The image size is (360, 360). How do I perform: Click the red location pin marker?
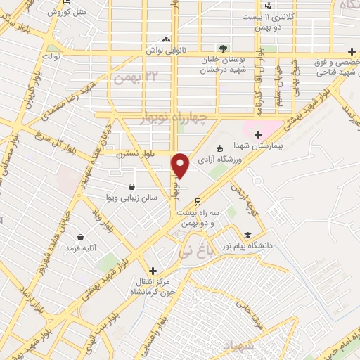(x=181, y=166)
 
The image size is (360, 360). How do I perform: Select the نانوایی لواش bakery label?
(x=166, y=51)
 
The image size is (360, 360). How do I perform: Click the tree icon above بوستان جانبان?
(x=223, y=48)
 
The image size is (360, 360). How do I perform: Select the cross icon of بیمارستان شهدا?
(x=258, y=134)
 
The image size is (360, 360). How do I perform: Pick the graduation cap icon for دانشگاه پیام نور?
(x=247, y=235)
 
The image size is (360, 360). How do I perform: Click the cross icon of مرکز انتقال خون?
(x=153, y=270)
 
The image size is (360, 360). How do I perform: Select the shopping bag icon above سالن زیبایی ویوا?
(x=133, y=187)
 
